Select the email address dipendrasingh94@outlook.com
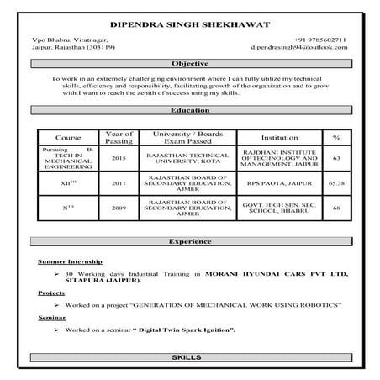coord(310,48)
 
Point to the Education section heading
coord(189,109)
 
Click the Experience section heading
coord(189,241)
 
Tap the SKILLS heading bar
coord(189,358)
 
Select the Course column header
coord(68,137)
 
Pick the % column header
coord(335,137)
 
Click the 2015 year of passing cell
coord(118,158)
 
